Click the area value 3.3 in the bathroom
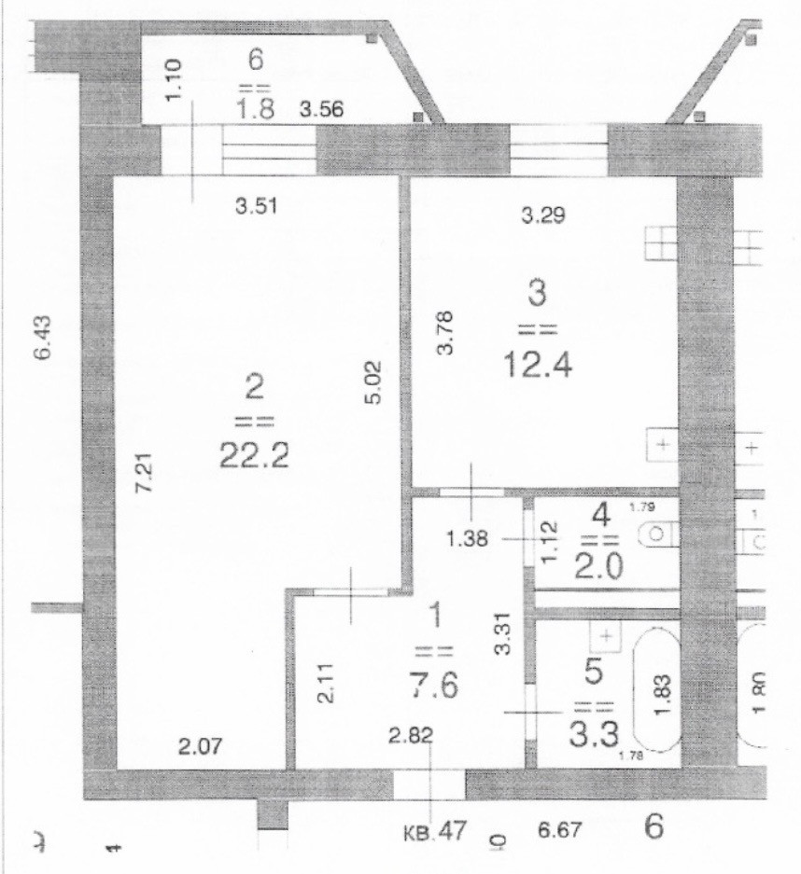pyautogui.click(x=591, y=738)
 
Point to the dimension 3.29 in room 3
pyautogui.click(x=543, y=216)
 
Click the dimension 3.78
pyautogui.click(x=446, y=331)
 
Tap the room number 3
pyautogui.click(x=536, y=295)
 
